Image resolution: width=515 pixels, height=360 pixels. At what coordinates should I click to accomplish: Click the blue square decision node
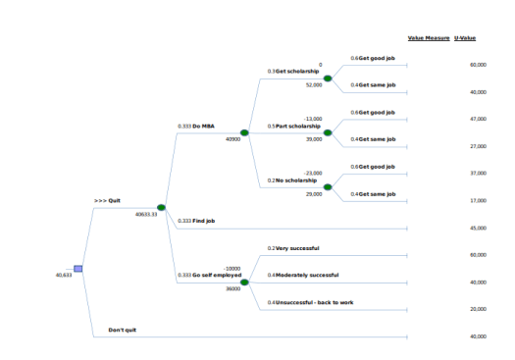(78, 269)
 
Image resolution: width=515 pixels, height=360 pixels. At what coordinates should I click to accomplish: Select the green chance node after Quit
(161, 207)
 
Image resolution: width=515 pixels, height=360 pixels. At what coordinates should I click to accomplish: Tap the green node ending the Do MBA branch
(244, 132)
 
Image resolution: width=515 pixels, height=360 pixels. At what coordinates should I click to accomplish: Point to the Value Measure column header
(429, 37)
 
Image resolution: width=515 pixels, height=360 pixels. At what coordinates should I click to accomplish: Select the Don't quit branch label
(122, 330)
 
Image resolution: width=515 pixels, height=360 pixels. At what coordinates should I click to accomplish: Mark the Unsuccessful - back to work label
(312, 302)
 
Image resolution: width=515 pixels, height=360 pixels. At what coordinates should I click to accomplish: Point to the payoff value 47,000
(479, 119)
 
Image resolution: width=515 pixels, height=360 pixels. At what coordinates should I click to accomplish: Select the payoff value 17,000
(479, 200)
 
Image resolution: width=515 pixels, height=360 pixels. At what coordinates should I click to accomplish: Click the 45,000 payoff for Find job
(479, 228)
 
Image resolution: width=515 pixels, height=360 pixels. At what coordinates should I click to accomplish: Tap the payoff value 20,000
(479, 309)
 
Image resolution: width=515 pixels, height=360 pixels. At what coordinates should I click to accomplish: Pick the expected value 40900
(232, 139)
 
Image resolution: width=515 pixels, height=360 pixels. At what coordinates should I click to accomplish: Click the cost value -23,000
(313, 173)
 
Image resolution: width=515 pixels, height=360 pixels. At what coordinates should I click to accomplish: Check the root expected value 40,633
(64, 275)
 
